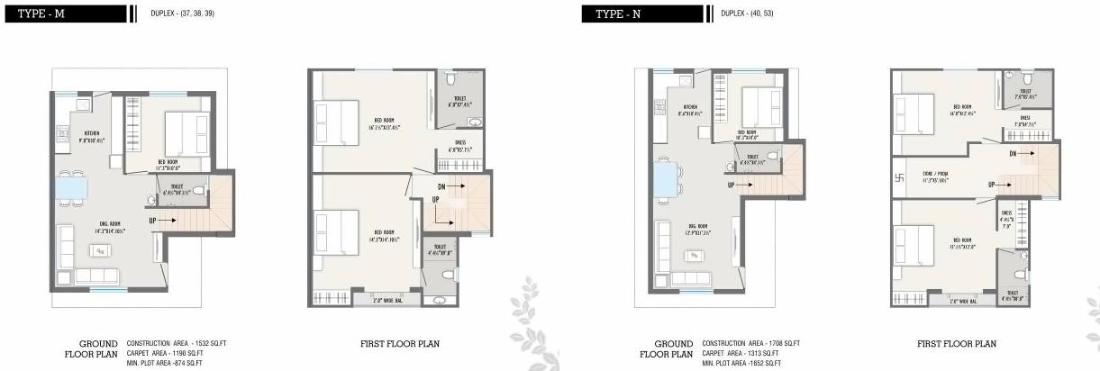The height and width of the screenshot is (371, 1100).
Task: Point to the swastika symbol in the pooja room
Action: click(899, 177)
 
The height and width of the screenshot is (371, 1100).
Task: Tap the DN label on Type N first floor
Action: click(1013, 154)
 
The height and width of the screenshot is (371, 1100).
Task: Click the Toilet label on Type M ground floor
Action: click(177, 188)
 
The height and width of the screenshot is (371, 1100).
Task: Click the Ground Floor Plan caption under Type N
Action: click(667, 348)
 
